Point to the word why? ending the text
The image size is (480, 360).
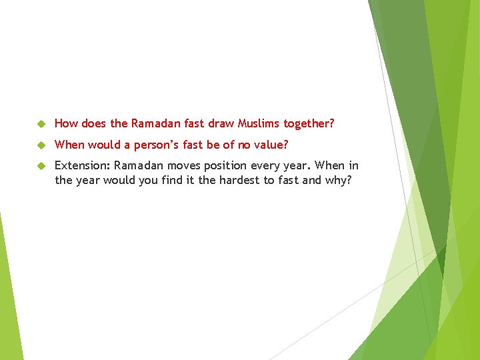[x=337, y=180]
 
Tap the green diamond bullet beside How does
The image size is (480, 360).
[x=40, y=124]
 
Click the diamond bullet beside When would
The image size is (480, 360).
[x=40, y=145]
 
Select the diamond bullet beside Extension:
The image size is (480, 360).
[x=40, y=165]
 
